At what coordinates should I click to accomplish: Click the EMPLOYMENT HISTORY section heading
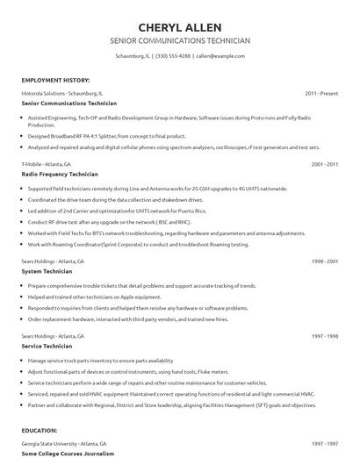[x=54, y=80]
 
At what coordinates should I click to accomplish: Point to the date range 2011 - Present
[x=321, y=92]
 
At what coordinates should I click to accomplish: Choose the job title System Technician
[x=47, y=272]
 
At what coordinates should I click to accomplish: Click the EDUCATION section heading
[x=40, y=432]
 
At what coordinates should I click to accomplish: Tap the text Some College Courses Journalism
[x=68, y=454]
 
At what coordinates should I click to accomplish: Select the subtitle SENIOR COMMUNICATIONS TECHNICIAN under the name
[x=180, y=40]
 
